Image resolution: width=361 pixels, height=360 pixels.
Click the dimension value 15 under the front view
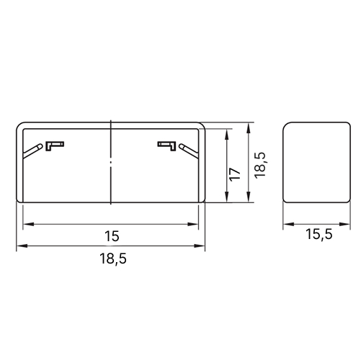pyautogui.click(x=112, y=236)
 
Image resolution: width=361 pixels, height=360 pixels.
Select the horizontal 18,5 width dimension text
pyautogui.click(x=113, y=259)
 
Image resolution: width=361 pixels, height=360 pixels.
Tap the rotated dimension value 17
pyautogui.click(x=235, y=174)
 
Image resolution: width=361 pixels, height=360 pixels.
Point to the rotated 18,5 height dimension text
pyautogui.click(x=260, y=165)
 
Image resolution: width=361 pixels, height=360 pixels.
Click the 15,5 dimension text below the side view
pyautogui.click(x=319, y=234)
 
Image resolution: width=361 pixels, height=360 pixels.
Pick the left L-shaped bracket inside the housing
pyautogui.click(x=55, y=146)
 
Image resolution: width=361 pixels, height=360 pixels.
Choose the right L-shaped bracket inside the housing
pyautogui.click(x=166, y=146)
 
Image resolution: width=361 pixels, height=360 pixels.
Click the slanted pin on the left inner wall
pyautogui.click(x=33, y=151)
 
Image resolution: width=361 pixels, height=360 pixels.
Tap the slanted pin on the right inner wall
pyautogui.click(x=189, y=151)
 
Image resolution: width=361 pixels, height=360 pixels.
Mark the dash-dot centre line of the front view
pyautogui.click(x=111, y=162)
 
